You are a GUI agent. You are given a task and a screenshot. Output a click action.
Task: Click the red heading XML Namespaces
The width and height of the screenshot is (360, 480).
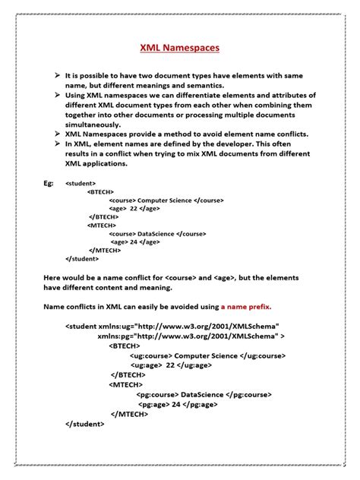180,47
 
